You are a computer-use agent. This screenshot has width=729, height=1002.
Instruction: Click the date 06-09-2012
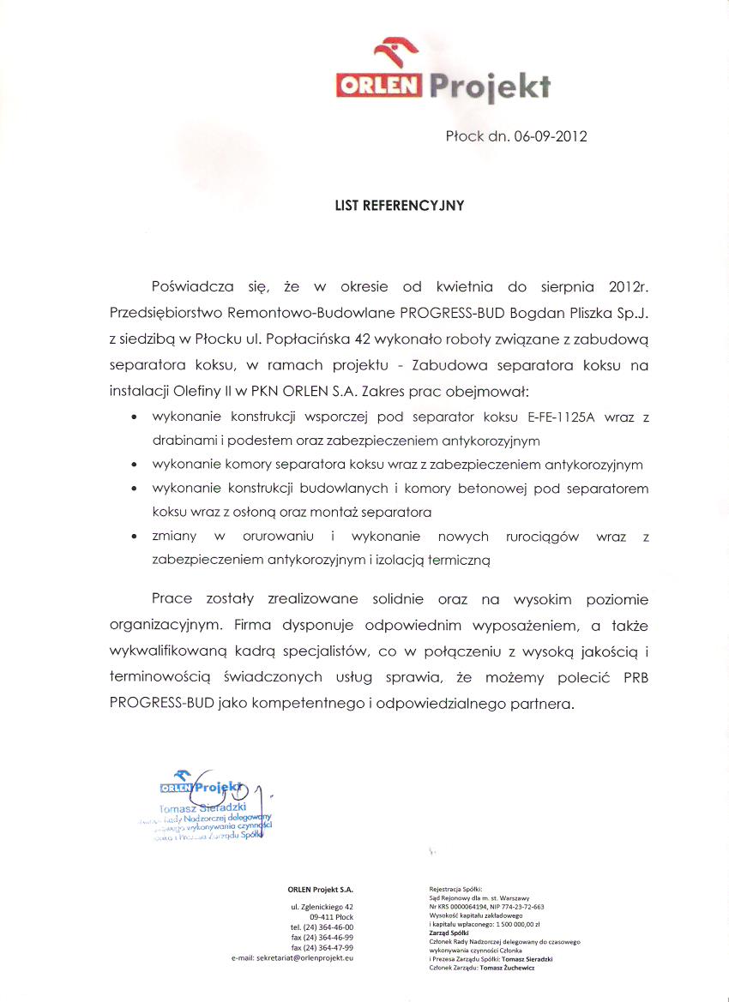click(551, 136)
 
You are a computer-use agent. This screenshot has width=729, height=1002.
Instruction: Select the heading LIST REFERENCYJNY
click(400, 206)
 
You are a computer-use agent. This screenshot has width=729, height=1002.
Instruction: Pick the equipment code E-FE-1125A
click(558, 417)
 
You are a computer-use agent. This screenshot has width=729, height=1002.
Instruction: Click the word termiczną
click(459, 560)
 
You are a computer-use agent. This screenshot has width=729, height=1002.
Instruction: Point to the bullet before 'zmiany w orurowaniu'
click(135, 537)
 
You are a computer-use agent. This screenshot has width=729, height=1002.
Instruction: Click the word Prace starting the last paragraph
click(172, 598)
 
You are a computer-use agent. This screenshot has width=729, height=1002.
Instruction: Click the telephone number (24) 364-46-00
click(328, 927)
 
